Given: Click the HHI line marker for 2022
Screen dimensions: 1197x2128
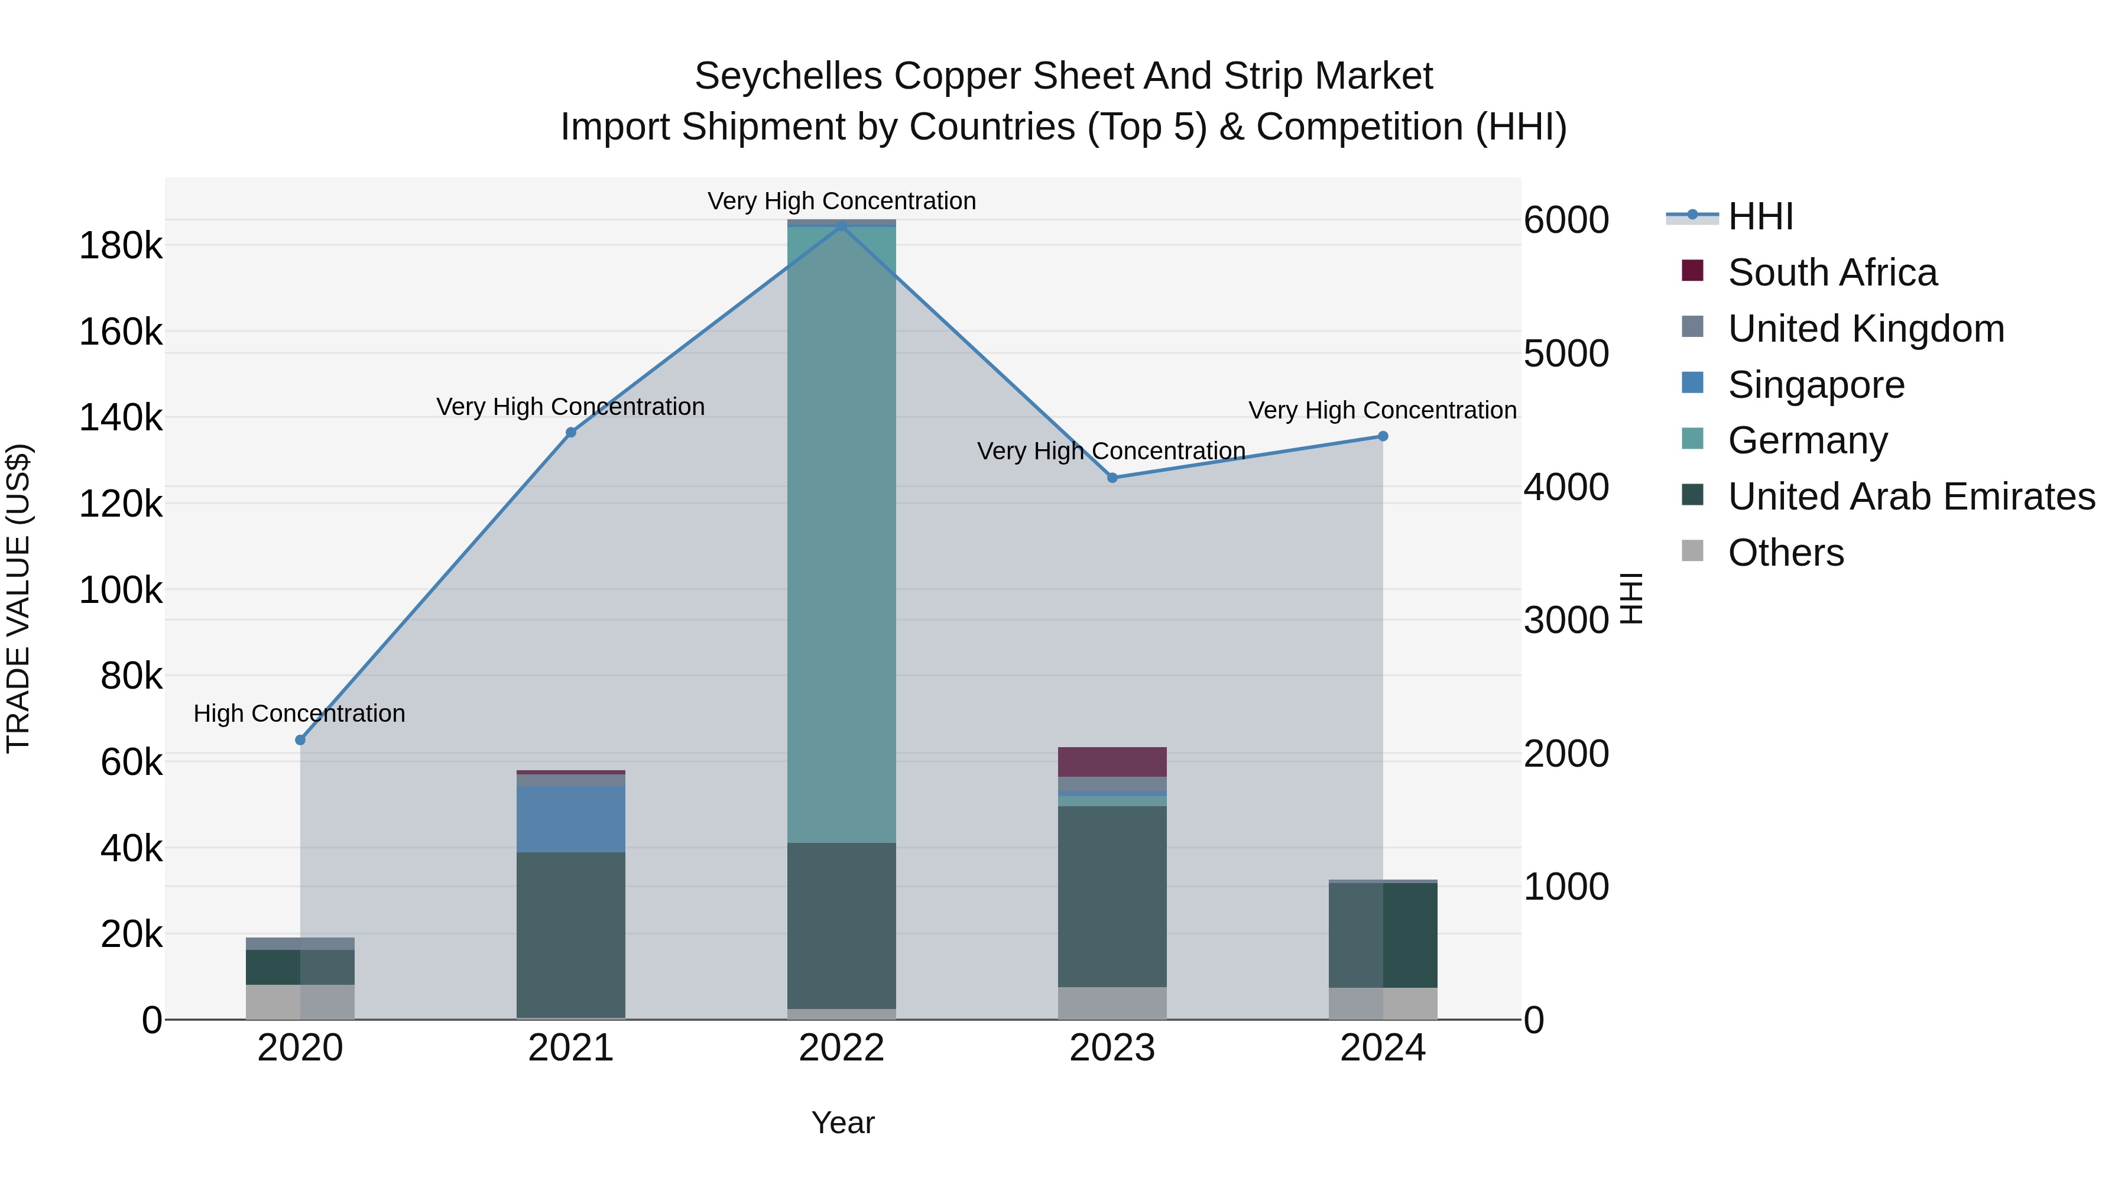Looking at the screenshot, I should coord(841,226).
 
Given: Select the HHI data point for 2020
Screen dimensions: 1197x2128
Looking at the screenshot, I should coord(300,740).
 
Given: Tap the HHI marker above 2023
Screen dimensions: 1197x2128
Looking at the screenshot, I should coord(1112,478).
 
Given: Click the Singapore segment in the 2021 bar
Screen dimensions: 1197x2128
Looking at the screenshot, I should coord(571,818).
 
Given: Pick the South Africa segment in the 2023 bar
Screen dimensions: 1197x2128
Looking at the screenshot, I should coord(1112,762).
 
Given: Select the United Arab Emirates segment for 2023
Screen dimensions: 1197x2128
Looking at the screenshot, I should coord(1112,896).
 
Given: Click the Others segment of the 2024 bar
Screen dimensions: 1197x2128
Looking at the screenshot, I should coord(1383,1003).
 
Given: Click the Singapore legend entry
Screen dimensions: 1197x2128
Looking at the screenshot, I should coord(1816,385).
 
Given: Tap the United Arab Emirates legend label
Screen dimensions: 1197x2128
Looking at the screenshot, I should coord(1910,497).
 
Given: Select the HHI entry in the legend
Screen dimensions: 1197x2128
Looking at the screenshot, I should coord(1760,216).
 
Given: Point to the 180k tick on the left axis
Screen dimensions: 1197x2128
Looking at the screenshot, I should coord(121,246).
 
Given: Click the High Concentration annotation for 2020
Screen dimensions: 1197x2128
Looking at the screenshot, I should coord(299,713).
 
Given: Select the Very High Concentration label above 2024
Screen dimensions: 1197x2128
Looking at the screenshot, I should coord(1382,411).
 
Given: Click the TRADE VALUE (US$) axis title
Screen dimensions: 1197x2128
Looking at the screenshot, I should coord(18,598).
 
